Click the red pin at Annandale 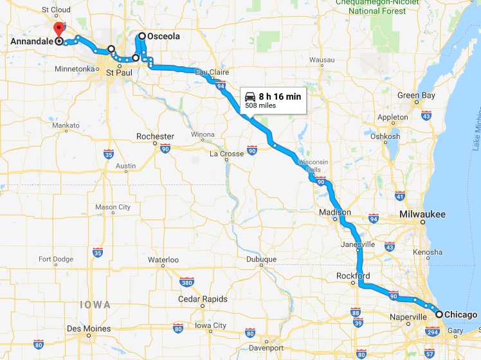(59, 29)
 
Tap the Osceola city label (163, 37)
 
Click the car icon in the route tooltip (249, 96)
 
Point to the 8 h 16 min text (280, 96)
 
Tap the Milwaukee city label (422, 213)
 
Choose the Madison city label (335, 212)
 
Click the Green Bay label (416, 96)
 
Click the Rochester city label (155, 136)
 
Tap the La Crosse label (227, 154)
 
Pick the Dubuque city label (261, 259)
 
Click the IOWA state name (95, 304)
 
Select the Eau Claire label (212, 73)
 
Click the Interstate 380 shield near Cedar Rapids (187, 282)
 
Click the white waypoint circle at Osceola (142, 37)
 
